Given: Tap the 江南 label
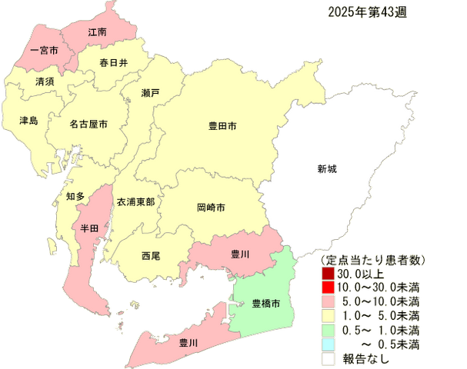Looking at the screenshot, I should click(97, 32).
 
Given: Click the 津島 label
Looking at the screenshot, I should click(28, 121).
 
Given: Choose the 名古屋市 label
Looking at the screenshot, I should click(88, 123).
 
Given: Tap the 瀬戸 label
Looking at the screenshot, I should click(151, 92).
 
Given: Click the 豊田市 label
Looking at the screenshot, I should click(223, 124).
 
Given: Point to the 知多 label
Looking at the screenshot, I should click(75, 196).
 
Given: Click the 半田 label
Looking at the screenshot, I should click(89, 228).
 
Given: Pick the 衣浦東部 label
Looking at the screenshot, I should click(135, 201).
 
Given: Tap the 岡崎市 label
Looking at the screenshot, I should click(211, 208).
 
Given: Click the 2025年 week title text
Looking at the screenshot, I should click(362, 12).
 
